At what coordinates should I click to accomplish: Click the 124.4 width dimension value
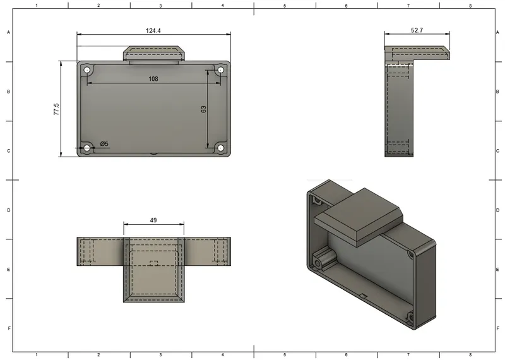point(153,30)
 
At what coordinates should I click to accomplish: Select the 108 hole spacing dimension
point(153,79)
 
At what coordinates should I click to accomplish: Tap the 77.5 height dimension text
point(56,109)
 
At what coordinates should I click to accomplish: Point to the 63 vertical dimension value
point(203,109)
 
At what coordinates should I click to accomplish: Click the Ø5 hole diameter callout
point(104,144)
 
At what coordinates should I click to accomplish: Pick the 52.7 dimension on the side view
point(417,30)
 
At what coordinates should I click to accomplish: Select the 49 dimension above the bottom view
point(153,220)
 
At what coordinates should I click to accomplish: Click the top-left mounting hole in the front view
point(86,69)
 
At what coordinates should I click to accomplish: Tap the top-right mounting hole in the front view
point(221,69)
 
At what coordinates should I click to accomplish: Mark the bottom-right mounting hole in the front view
point(221,148)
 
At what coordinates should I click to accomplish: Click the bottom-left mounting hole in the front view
point(86,148)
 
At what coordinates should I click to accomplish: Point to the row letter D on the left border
point(8,210)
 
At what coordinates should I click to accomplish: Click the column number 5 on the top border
point(285,6)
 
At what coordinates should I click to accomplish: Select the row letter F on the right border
point(498,328)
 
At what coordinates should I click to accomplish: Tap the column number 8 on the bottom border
point(470,355)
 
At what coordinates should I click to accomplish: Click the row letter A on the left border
point(8,32)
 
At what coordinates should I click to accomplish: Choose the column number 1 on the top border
point(37,6)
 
